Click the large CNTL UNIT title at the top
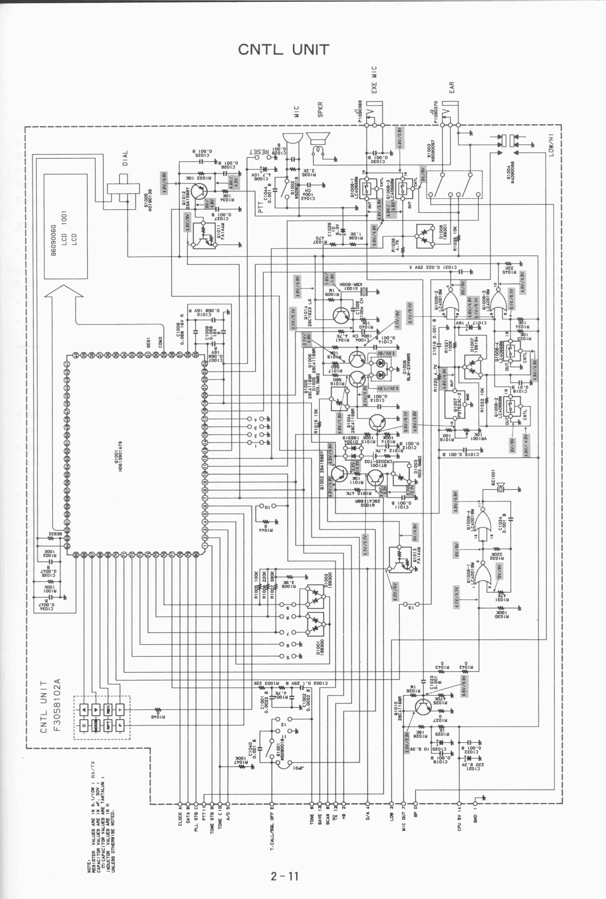283,50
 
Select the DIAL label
125,158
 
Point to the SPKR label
320,110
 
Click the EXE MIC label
374,80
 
